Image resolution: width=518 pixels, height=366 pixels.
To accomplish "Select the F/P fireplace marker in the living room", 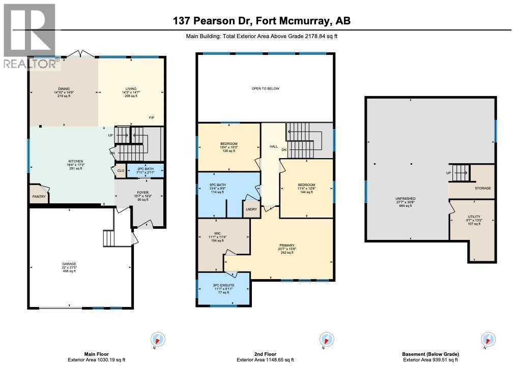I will [152, 118].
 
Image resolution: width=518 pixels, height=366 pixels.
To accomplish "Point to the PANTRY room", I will [39, 197].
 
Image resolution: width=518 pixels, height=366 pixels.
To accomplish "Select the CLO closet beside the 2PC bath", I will [121, 171].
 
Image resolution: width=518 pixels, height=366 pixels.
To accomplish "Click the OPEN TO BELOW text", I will [265, 88].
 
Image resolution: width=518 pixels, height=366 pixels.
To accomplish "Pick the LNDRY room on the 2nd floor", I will [251, 209].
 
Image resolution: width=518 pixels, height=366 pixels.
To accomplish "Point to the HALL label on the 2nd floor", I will [273, 146].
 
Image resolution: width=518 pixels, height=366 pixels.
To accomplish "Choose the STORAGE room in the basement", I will [483, 188].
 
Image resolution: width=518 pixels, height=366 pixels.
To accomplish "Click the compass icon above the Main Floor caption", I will [158, 339].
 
